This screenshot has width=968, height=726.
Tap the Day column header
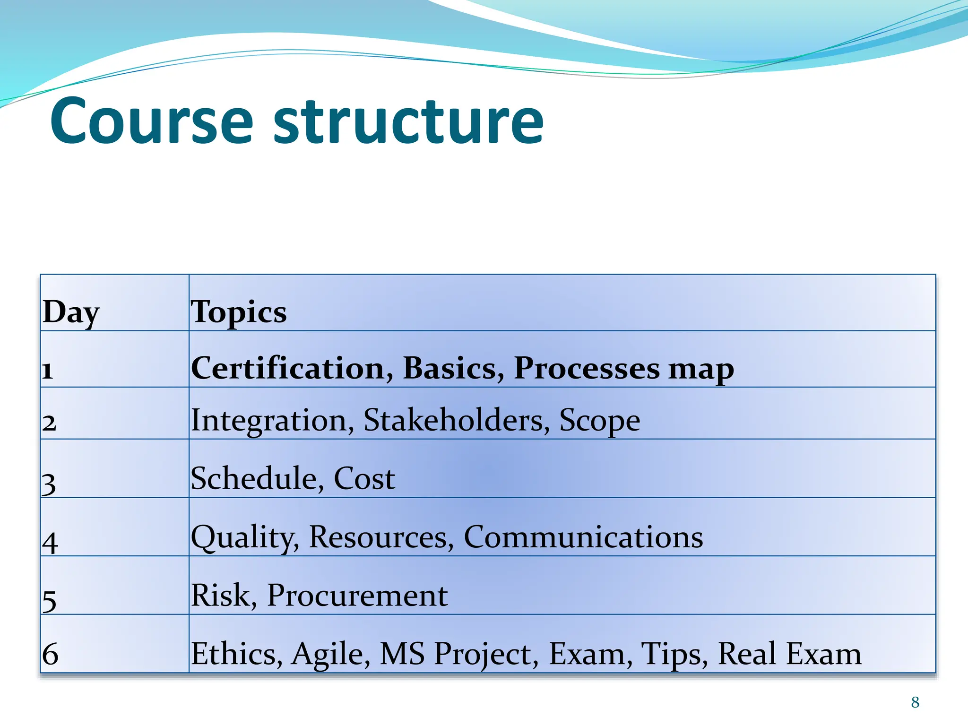coord(71,312)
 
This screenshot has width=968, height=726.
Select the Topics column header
coord(238,312)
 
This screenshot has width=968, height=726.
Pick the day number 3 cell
coord(49,484)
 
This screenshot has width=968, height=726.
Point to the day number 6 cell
coord(50,654)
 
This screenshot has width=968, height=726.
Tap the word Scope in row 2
coord(599,420)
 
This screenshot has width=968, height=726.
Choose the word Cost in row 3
coord(364,478)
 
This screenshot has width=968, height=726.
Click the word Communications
coord(583,537)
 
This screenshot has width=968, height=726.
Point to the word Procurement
coord(357,595)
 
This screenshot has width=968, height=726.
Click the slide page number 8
coord(915,702)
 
